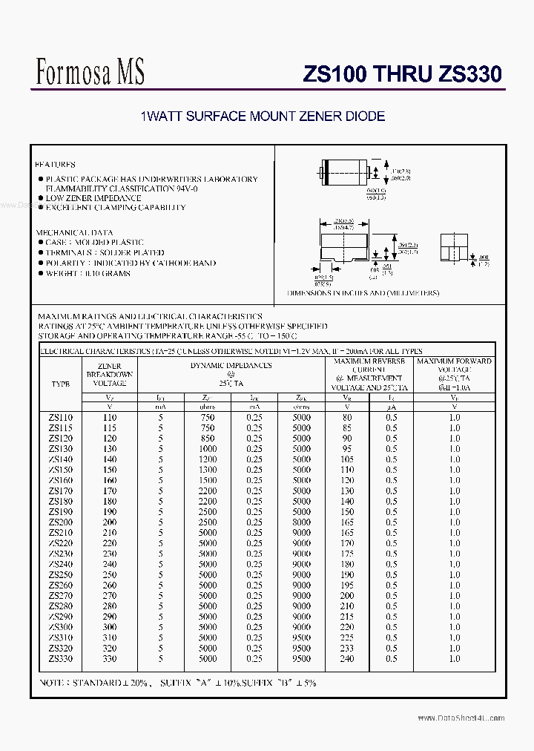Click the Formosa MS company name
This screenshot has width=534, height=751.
(x=90, y=71)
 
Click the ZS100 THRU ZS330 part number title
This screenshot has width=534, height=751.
(x=403, y=74)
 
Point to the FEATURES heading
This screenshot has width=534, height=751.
(x=56, y=165)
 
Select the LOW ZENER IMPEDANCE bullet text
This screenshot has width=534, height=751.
(x=93, y=198)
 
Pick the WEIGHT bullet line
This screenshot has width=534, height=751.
(x=88, y=273)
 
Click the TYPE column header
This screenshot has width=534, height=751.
(x=61, y=384)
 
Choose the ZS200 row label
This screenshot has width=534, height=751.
(x=61, y=522)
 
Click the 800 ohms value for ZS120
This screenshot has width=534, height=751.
(x=208, y=439)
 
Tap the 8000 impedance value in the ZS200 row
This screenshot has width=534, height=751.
(x=301, y=522)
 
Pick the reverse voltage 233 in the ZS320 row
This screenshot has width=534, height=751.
(x=346, y=648)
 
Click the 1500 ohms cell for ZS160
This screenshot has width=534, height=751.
(x=208, y=481)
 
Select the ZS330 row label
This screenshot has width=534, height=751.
(x=61, y=658)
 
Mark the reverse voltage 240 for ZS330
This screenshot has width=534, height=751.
(x=346, y=658)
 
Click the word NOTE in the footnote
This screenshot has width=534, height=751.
(x=53, y=683)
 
